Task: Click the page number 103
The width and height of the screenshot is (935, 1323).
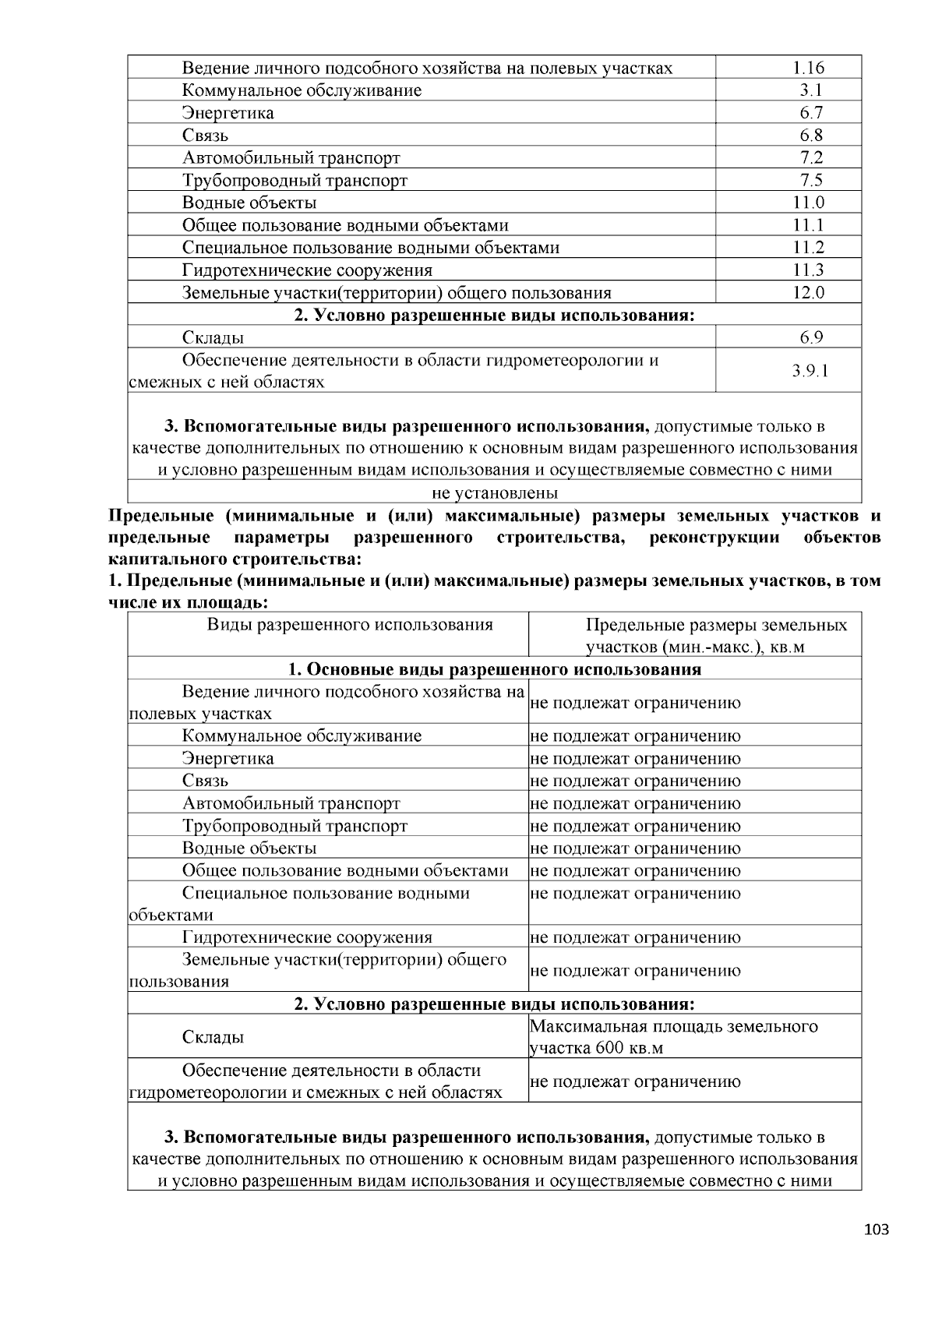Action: (x=877, y=1230)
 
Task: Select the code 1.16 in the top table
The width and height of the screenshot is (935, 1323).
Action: (x=808, y=68)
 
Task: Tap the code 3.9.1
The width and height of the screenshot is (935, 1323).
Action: (x=810, y=371)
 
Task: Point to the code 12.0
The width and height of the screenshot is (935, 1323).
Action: (x=809, y=293)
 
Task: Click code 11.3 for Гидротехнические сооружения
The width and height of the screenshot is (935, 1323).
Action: (x=809, y=270)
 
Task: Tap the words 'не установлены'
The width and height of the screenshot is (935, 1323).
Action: (x=495, y=492)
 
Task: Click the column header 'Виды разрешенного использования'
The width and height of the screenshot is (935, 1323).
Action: (x=350, y=625)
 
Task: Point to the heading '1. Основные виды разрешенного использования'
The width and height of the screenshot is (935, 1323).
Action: (x=495, y=669)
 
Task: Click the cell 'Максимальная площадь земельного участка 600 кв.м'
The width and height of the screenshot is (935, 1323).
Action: (x=674, y=1036)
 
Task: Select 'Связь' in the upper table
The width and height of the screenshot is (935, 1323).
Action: (x=205, y=136)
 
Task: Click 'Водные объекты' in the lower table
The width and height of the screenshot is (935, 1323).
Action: (x=249, y=848)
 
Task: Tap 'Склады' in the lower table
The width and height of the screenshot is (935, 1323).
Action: (x=213, y=1037)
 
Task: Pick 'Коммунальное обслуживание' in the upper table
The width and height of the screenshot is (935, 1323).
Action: (x=302, y=90)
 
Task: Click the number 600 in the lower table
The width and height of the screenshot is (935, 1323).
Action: (x=609, y=1048)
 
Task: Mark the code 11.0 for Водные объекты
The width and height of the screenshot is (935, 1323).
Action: (x=809, y=203)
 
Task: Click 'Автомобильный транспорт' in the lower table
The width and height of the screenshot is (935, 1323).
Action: (x=291, y=803)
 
